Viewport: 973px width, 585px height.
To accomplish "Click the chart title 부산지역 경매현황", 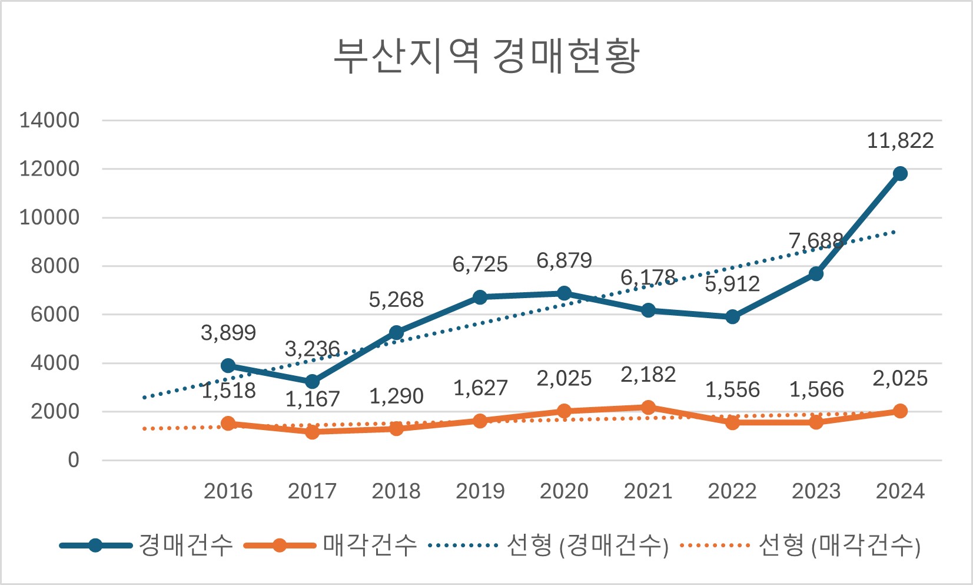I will coord(486,56).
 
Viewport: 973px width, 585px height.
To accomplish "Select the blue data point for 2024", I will coord(900,173).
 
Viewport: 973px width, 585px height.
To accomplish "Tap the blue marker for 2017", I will coord(312,382).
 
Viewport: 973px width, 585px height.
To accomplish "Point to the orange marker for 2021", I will coord(648,407).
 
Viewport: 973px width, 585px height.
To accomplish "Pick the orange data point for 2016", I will coord(228,423).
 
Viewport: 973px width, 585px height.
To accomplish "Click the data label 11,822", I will coord(900,141).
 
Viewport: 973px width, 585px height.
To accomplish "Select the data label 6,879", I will coord(564,260).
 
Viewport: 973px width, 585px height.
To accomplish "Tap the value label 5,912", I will coord(732,285).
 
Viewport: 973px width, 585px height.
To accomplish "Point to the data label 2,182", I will coord(648,375).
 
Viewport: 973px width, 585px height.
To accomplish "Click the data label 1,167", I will coord(313,399).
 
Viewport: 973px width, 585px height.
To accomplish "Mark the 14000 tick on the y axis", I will coord(49,120).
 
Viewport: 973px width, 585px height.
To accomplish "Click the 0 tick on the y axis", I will coord(73,460).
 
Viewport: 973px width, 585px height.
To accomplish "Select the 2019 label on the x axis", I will coord(480,491).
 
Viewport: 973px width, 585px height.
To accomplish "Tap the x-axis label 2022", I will coord(732,491).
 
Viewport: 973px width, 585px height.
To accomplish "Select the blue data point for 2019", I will coord(480,297).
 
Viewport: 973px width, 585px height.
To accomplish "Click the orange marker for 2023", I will coord(816,422).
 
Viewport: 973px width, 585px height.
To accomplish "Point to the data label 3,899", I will coord(228,333).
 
